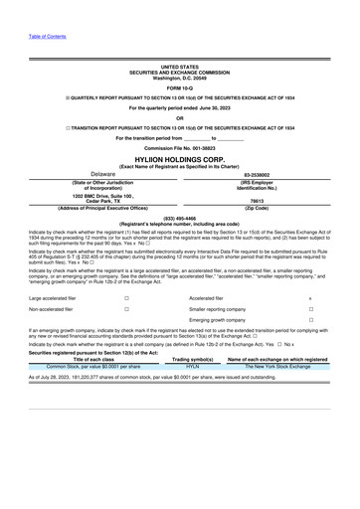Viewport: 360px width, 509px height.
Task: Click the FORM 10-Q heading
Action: [180, 87]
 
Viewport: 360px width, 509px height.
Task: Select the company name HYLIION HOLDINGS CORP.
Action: [180, 157]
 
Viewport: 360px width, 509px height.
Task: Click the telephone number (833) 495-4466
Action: [180, 217]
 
